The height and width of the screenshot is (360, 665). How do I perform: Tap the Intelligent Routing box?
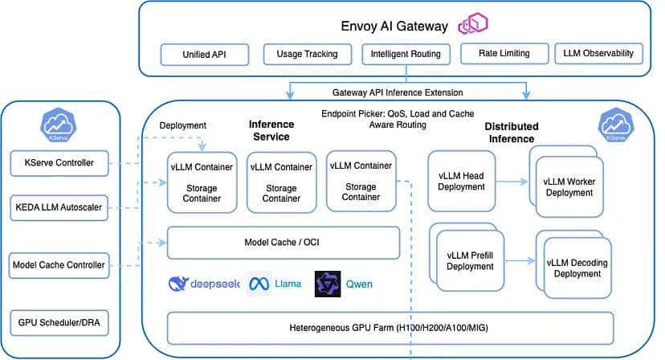click(406, 55)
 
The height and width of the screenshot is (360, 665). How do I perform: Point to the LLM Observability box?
click(598, 55)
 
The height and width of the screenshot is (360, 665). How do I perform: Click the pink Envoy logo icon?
click(474, 25)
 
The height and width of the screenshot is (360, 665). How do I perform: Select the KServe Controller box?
click(59, 164)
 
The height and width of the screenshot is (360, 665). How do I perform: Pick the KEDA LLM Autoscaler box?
click(59, 207)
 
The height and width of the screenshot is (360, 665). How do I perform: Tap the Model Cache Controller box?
click(59, 264)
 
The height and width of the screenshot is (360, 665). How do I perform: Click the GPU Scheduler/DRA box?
click(59, 323)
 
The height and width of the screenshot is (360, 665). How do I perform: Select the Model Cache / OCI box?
click(283, 243)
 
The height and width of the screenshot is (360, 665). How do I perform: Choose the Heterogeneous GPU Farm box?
click(390, 328)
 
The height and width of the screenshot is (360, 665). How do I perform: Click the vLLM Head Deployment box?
click(462, 182)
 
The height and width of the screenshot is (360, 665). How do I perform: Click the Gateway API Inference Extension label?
click(398, 92)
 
